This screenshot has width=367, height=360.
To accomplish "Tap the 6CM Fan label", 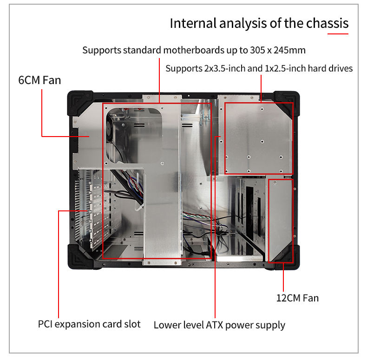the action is point(39,80).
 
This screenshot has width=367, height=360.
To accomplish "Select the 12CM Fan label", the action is point(297,297).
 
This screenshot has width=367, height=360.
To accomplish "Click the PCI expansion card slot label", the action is point(89,324).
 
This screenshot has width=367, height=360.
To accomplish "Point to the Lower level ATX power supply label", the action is point(219,325).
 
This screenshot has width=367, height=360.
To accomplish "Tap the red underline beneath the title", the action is point(337,33).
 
